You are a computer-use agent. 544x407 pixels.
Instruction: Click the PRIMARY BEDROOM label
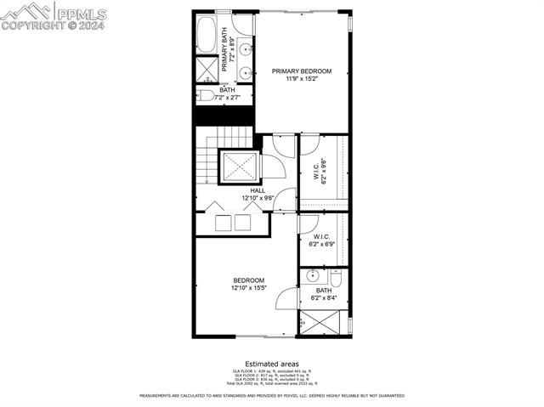point(302,71)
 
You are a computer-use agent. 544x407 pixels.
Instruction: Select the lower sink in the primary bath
point(245,72)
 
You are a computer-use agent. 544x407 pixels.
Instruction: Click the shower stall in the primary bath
point(207,69)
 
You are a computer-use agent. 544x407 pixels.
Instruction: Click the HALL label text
point(246,190)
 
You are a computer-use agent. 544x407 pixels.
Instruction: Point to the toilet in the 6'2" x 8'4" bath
point(336,279)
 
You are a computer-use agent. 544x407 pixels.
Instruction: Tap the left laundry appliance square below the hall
point(223,223)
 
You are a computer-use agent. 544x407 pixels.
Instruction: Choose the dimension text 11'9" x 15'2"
point(302,79)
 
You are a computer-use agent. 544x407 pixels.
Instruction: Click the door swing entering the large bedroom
point(287,297)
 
